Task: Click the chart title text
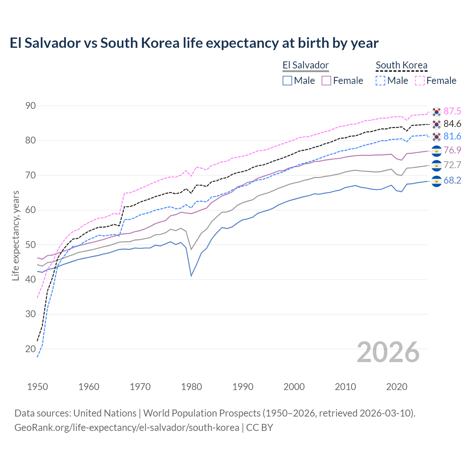point(194,43)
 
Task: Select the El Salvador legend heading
point(305,65)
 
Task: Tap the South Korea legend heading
point(401,65)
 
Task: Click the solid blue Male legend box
point(287,81)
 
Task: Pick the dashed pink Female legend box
point(420,81)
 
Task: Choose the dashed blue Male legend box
point(380,81)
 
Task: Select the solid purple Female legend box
point(326,81)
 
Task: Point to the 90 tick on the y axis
point(31,106)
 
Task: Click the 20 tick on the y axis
point(31,349)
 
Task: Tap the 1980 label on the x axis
point(191,387)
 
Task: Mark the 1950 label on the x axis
point(38,387)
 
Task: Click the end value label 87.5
point(452,111)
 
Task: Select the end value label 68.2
point(452,181)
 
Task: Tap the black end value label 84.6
point(452,124)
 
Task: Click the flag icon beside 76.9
point(436,150)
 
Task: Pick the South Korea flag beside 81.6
point(436,137)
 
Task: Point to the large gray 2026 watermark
point(388,353)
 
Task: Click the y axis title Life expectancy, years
point(16,235)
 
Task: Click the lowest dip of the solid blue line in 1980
point(191,276)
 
